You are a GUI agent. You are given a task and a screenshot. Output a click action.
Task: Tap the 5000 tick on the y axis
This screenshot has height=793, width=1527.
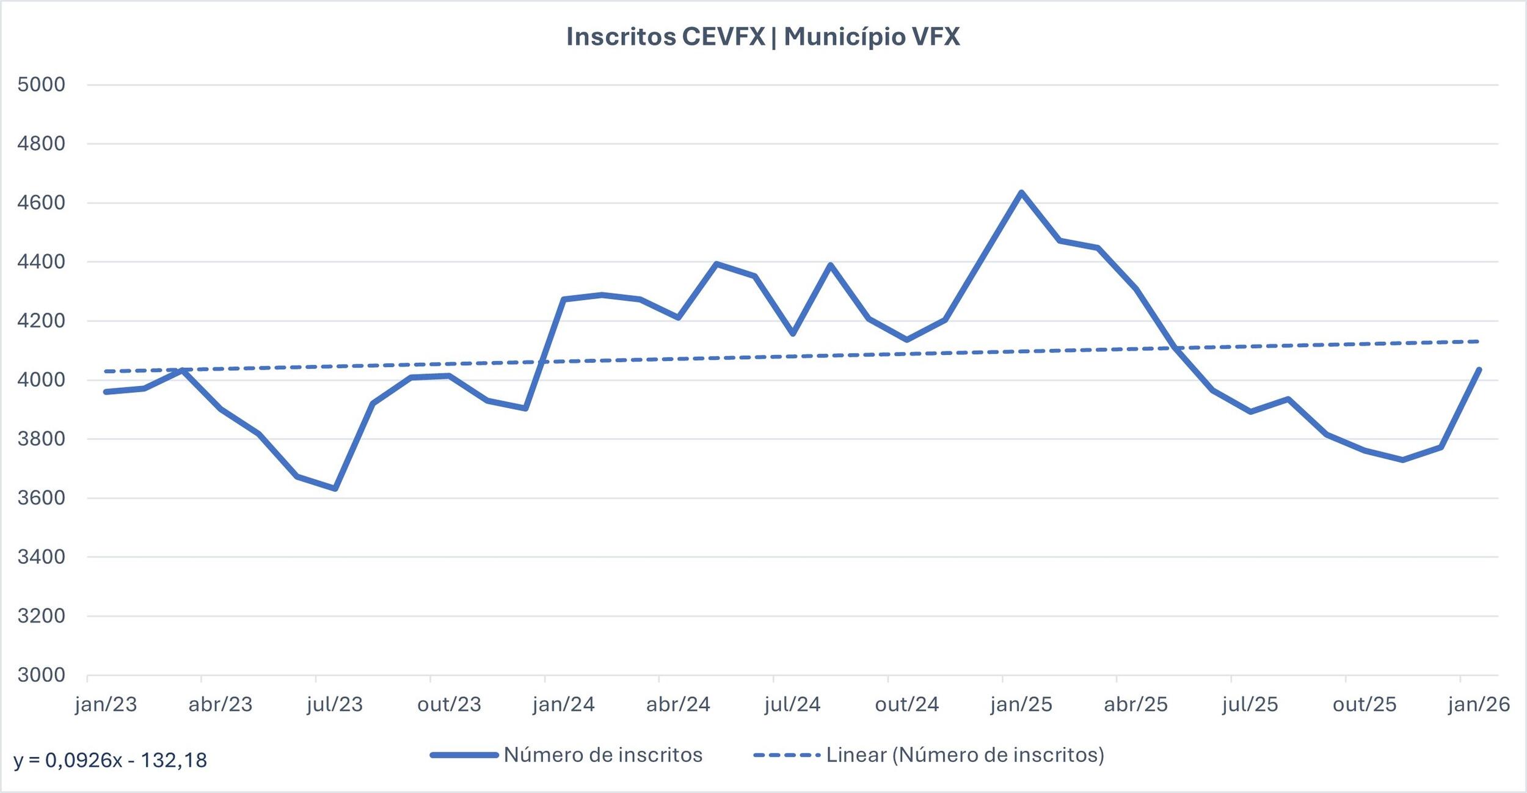pyautogui.click(x=41, y=84)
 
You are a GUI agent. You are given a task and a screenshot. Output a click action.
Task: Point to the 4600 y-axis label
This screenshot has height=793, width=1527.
pyautogui.click(x=41, y=203)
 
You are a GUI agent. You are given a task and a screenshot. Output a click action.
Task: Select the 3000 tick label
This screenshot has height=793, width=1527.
pyautogui.click(x=41, y=675)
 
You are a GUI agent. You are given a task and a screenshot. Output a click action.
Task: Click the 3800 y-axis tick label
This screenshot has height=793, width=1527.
pyautogui.click(x=41, y=439)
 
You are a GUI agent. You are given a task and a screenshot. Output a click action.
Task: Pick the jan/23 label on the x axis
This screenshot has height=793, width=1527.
pyautogui.click(x=106, y=704)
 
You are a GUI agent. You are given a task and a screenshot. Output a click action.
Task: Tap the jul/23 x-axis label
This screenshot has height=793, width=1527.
pyautogui.click(x=335, y=704)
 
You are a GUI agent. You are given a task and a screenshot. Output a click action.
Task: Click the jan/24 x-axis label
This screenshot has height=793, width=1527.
pyautogui.click(x=564, y=704)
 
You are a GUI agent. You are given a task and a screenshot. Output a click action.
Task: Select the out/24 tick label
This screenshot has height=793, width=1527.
pyautogui.click(x=906, y=704)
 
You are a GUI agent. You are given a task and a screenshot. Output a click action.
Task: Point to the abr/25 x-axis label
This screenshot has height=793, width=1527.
pyautogui.click(x=1135, y=704)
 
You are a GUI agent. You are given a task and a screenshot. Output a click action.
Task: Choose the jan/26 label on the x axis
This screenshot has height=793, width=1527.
pyautogui.click(x=1479, y=704)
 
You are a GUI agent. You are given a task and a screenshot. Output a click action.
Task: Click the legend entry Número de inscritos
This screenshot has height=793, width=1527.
pyautogui.click(x=602, y=755)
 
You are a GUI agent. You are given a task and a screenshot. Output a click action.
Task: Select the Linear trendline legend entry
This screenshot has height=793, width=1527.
pyautogui.click(x=964, y=755)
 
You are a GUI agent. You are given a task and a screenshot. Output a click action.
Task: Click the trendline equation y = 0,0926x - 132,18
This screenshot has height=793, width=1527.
pyautogui.click(x=111, y=761)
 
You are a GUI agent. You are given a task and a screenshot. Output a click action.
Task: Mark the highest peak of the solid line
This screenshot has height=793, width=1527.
pyautogui.click(x=1021, y=192)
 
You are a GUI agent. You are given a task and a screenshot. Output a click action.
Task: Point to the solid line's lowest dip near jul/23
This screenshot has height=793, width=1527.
pyautogui.click(x=335, y=489)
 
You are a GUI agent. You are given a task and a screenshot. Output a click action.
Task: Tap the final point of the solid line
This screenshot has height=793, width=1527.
pyautogui.click(x=1479, y=370)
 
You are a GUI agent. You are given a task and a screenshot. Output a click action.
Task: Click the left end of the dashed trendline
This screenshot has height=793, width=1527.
pyautogui.click(x=106, y=371)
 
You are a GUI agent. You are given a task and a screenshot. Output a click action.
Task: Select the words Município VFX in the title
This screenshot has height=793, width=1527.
pyautogui.click(x=872, y=37)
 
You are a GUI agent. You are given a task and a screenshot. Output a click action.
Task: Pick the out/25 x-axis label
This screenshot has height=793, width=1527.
pyautogui.click(x=1365, y=704)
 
